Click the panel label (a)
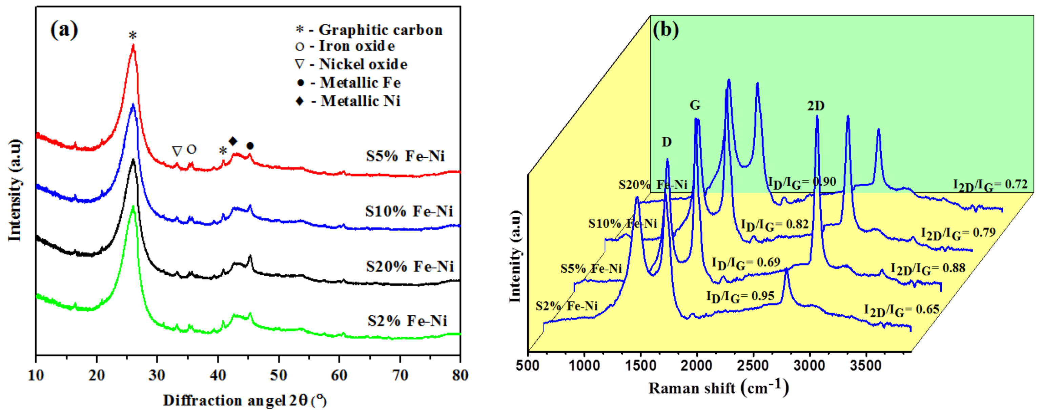click(x=64, y=30)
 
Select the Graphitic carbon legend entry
click(x=369, y=29)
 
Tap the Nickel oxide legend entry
click(x=351, y=64)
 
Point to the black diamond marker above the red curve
click(x=233, y=141)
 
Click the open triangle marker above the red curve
click(x=177, y=151)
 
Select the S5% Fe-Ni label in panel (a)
click(x=405, y=156)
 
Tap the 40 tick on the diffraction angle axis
click(x=218, y=375)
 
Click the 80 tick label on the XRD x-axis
click(x=460, y=375)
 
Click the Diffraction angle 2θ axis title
click(x=244, y=400)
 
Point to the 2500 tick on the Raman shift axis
click(x=753, y=366)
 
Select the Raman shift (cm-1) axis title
click(x=719, y=388)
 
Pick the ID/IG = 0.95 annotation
click(x=740, y=297)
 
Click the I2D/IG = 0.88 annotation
click(x=927, y=269)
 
